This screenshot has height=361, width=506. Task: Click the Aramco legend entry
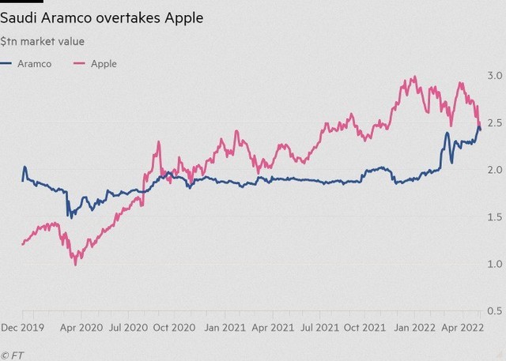[35, 64]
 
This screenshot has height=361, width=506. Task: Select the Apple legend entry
[104, 64]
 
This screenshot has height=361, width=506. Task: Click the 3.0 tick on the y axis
[495, 75]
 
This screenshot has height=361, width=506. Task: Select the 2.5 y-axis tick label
[495, 122]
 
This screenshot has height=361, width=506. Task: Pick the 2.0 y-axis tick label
[495, 169]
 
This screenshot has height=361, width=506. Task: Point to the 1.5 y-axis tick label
[495, 216]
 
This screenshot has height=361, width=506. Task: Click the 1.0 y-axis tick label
[495, 263]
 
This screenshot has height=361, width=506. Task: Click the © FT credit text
[12, 354]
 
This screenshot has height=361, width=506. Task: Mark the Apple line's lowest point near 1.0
[75, 264]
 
